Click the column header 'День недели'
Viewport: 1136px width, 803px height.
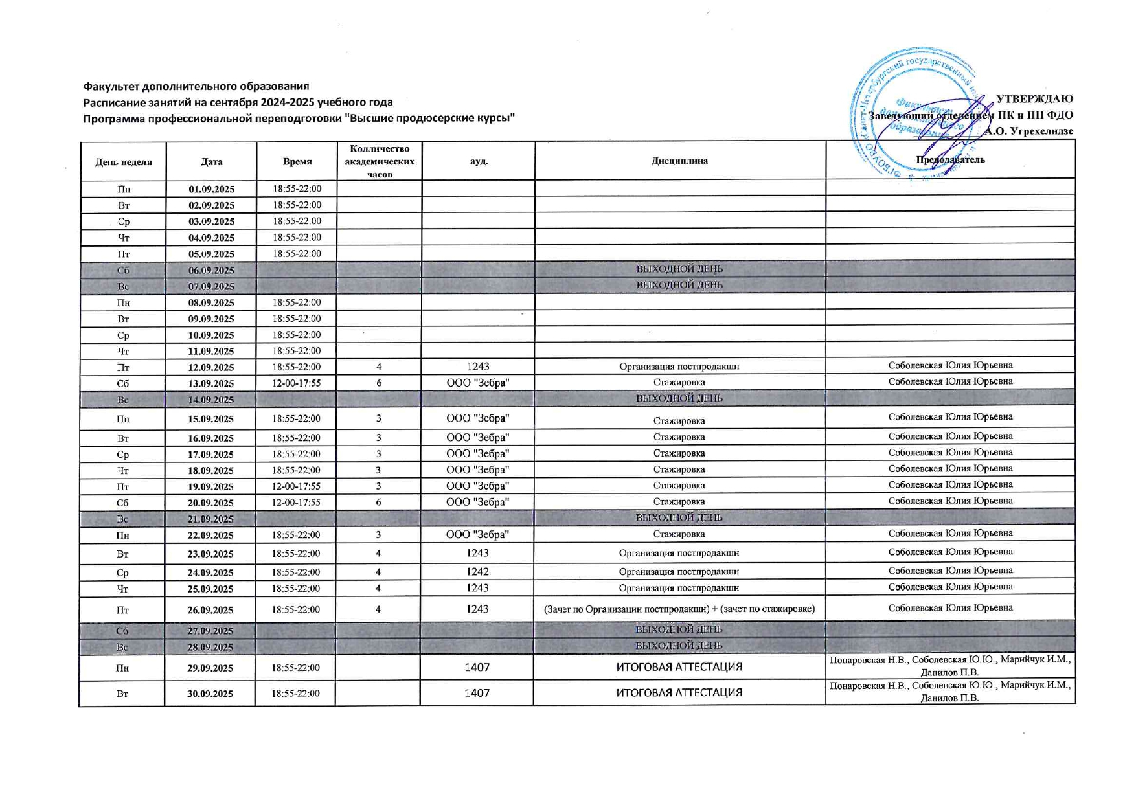point(124,162)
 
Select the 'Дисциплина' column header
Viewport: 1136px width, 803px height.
point(679,161)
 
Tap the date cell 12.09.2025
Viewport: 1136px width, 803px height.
point(211,367)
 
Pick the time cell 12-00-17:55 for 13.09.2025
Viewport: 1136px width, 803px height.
point(297,383)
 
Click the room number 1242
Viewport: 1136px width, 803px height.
point(477,572)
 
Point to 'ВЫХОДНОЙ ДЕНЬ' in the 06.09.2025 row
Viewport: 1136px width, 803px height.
point(679,269)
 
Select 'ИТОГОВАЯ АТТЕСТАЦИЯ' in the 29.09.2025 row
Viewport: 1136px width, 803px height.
point(679,667)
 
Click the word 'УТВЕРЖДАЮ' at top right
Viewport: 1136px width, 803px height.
point(1034,99)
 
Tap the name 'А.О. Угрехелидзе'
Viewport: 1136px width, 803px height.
point(1029,131)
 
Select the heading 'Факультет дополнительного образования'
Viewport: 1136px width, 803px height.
point(196,86)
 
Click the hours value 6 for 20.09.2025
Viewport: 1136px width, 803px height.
point(379,502)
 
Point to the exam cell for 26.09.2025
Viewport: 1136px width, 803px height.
point(679,609)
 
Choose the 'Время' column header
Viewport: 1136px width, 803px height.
point(297,162)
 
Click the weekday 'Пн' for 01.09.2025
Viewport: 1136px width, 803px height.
point(124,189)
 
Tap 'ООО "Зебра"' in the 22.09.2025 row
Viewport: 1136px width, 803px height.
point(477,534)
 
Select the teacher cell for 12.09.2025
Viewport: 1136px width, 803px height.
point(950,365)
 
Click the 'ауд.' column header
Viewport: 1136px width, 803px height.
point(479,161)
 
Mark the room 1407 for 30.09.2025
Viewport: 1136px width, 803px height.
point(477,693)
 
